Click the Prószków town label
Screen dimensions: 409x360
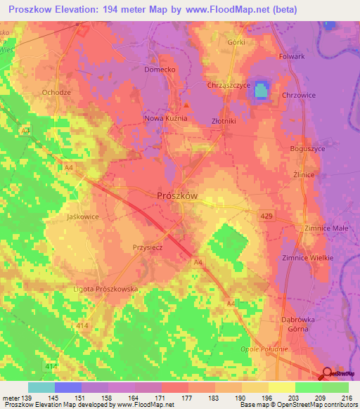pos(176,196)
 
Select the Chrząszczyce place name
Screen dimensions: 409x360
pos(229,85)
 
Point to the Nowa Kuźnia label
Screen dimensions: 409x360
pos(166,119)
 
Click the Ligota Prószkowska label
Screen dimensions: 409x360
pos(105,289)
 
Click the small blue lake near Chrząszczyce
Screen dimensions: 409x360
pos(261,91)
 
